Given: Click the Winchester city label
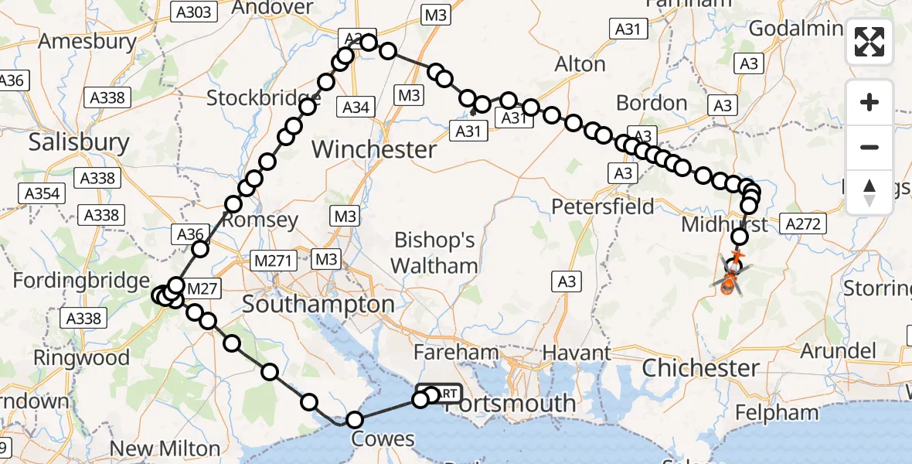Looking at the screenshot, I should tap(374, 148).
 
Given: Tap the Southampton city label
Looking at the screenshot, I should tap(319, 304).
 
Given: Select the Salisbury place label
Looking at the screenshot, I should tap(79, 142).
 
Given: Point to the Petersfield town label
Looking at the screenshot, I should tap(603, 206).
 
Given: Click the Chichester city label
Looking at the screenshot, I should tap(701, 367).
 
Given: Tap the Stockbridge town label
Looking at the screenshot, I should tap(264, 98).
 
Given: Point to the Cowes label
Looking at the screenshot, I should tap(383, 439).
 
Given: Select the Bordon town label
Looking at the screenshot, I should tap(652, 103).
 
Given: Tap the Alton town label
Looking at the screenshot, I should tap(580, 63).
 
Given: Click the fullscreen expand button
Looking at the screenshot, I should tap(869, 42).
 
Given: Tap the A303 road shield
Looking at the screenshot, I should tap(192, 12).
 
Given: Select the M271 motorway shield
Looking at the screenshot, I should tap(273, 261).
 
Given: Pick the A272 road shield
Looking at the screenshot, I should tap(805, 223).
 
